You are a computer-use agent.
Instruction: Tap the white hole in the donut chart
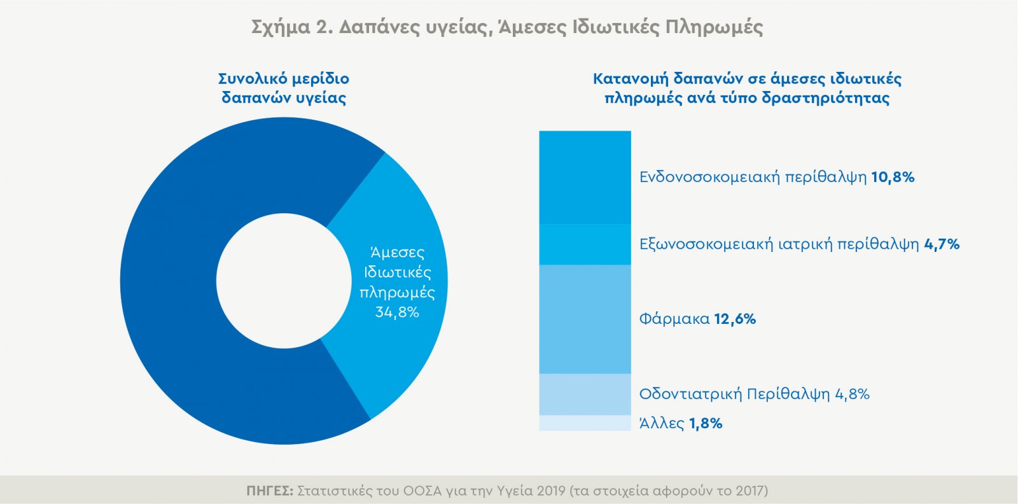[284, 281]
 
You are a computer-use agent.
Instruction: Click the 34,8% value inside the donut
[397, 312]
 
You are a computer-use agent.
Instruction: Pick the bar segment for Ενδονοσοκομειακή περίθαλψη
[585, 177]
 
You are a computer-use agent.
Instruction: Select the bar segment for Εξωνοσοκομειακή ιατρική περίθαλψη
[585, 244]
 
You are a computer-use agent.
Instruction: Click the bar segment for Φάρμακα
[585, 319]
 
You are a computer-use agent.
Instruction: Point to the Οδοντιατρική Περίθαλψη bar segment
[585, 395]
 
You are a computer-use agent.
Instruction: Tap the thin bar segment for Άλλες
[585, 423]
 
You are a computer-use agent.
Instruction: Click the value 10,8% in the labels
[893, 177]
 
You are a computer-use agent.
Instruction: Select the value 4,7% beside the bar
[942, 244]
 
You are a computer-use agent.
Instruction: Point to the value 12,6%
[735, 319]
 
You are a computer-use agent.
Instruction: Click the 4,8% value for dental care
[852, 395]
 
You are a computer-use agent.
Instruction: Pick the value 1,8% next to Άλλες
[706, 424]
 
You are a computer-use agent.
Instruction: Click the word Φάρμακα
[674, 319]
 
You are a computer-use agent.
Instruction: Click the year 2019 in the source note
[551, 491]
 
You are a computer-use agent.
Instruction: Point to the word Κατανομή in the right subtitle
[631, 79]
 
